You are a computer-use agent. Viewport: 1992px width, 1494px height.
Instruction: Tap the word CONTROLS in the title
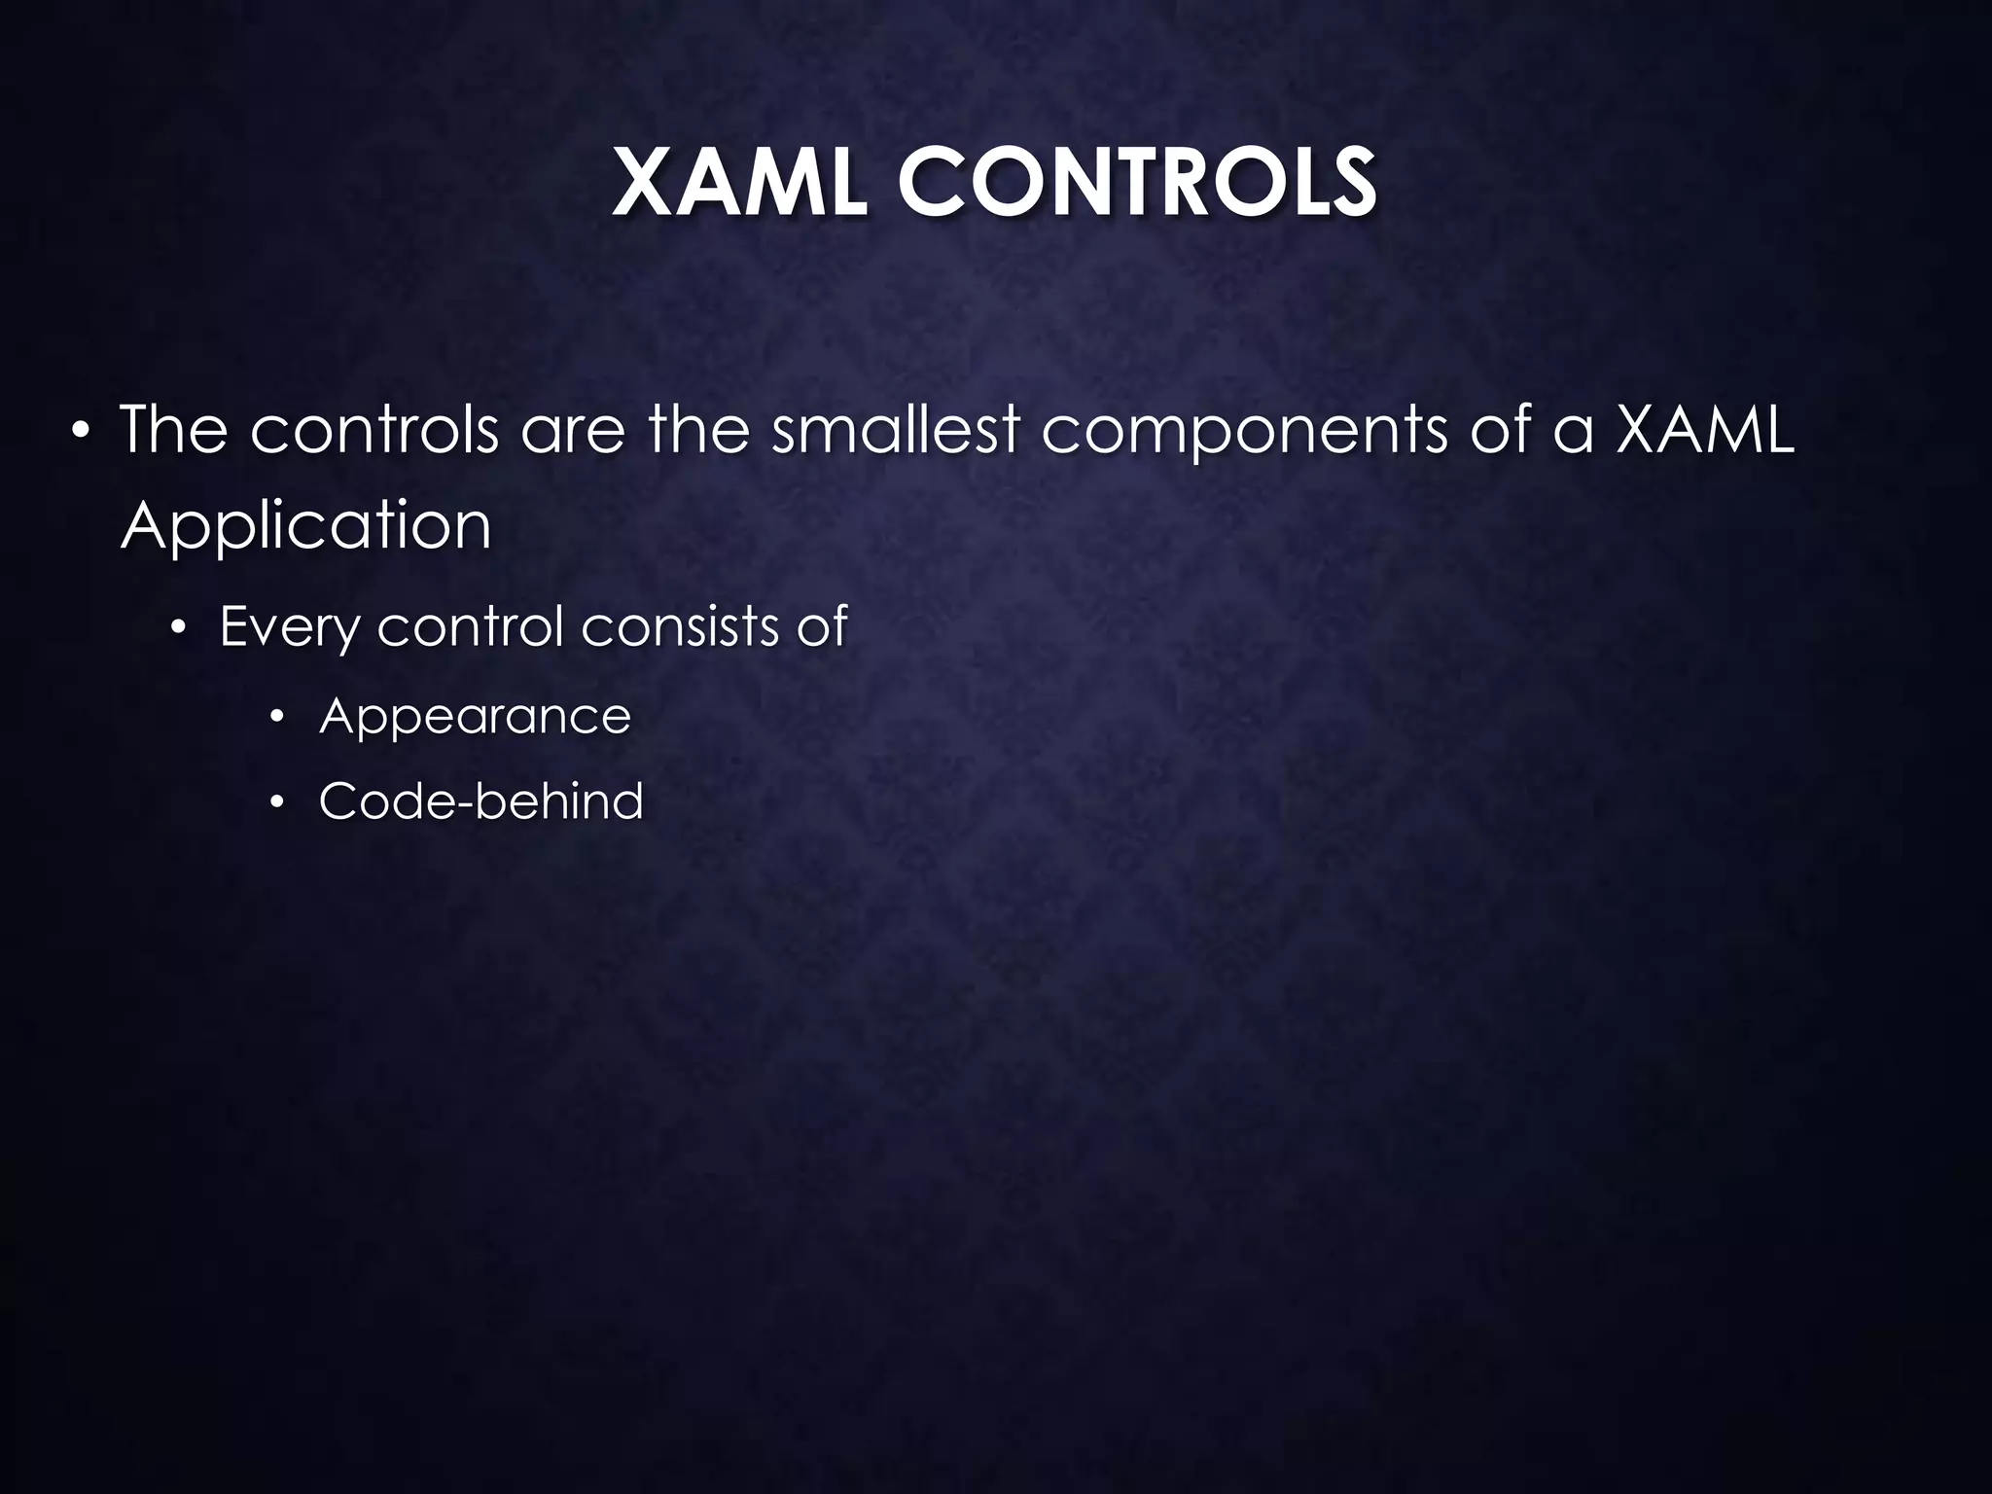pos(1137,184)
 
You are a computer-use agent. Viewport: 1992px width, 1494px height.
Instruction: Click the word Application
pos(305,527)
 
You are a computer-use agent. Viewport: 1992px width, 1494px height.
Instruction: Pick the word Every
pos(289,627)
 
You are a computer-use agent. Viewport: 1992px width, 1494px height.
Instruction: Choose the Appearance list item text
pos(475,717)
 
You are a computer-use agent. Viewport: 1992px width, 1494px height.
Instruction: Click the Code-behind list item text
pos(480,801)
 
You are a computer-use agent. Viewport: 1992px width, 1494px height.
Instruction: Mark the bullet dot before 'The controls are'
pos(82,431)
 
